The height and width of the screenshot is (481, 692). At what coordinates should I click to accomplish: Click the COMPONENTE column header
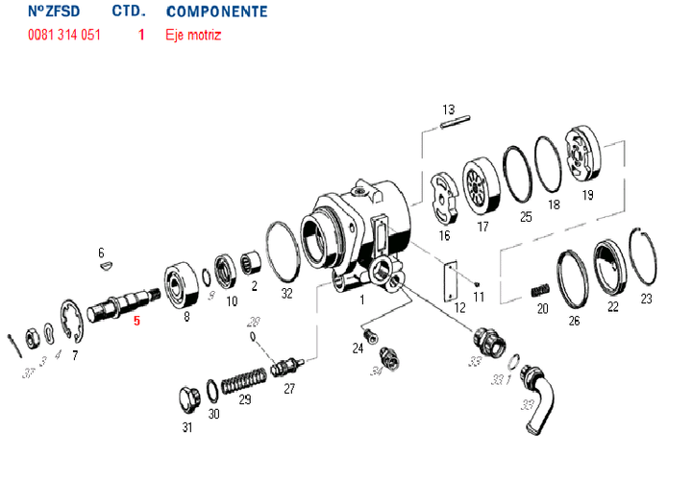216,12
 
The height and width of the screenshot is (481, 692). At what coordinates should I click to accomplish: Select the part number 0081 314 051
64,36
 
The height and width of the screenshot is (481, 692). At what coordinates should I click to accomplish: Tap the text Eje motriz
193,36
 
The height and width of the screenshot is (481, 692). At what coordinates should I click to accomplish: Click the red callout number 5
136,322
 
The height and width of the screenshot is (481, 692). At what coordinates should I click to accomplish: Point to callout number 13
447,108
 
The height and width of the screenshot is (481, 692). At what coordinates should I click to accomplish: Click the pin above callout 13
454,122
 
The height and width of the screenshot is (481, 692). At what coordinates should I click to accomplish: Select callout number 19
587,195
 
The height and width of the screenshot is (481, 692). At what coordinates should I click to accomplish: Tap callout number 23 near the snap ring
646,299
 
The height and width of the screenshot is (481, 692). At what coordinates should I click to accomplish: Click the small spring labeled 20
541,288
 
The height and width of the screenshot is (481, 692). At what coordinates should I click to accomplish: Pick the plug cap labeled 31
187,397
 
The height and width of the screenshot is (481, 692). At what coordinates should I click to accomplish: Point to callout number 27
288,389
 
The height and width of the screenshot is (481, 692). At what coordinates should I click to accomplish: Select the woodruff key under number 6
107,268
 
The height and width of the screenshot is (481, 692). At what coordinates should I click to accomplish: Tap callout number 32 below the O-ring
286,293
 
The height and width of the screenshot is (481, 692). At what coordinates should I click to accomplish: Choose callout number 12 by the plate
460,307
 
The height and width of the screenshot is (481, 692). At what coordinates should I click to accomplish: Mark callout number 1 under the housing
361,300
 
